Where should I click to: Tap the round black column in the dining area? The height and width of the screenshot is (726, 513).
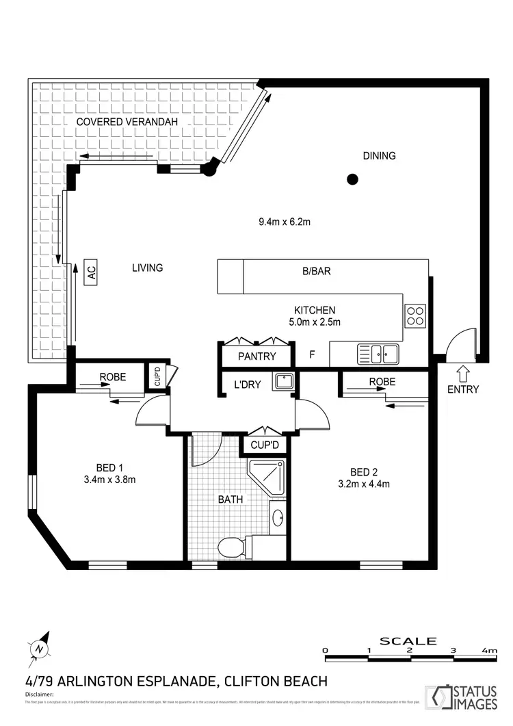[x=352, y=180]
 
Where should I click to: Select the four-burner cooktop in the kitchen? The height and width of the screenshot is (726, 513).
[x=415, y=315]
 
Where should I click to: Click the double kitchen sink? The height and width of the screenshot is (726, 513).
[x=378, y=354]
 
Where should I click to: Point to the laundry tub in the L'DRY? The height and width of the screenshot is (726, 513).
[x=283, y=382]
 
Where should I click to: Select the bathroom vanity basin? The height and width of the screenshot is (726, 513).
[x=278, y=517]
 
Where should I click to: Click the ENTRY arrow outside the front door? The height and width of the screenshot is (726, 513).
[x=462, y=374]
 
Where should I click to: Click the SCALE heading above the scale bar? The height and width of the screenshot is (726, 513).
[x=408, y=641]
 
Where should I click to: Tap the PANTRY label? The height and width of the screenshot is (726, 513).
[x=257, y=356]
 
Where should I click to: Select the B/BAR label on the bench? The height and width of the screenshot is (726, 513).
[x=317, y=271]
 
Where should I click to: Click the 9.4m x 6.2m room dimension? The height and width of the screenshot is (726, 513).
[x=285, y=221]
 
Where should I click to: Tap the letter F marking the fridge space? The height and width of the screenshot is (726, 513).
[x=312, y=354]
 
